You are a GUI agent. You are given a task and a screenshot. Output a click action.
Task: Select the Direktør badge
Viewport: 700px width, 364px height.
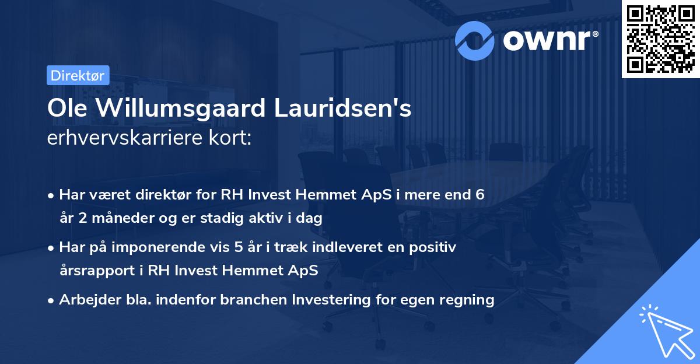tap(77, 75)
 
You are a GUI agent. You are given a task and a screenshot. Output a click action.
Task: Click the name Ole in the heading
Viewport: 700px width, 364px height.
tap(65, 109)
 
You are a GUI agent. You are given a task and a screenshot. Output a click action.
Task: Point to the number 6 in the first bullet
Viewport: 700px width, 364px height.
tap(480, 195)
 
